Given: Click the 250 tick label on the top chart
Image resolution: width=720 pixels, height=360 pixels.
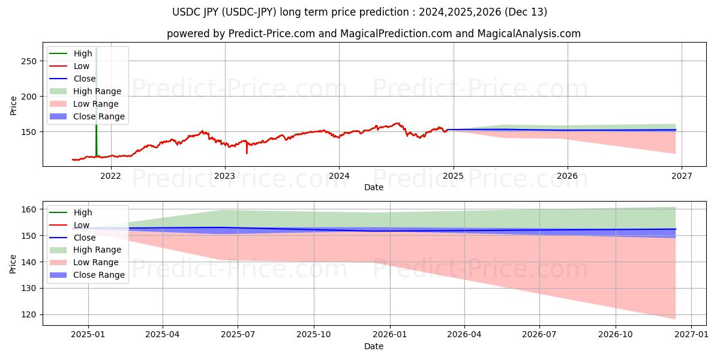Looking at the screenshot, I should (29, 61).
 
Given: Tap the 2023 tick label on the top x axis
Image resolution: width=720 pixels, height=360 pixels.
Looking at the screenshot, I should (225, 176).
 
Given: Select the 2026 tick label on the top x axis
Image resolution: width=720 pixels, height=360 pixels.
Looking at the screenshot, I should (568, 176).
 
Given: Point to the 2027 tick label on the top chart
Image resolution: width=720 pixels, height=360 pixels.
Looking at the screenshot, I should (682, 176).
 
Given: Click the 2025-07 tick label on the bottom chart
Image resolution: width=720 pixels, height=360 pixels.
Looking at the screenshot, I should (238, 335).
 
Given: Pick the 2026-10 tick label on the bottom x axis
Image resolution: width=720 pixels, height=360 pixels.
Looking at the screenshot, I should (616, 335).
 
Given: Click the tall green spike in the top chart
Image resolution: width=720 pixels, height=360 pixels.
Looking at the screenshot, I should (96, 90).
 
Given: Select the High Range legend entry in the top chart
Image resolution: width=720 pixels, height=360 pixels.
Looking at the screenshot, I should (97, 91).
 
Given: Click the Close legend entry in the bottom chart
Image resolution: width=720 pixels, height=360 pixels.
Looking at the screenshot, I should (83, 238).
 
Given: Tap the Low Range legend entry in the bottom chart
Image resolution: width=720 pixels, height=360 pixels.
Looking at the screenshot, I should (96, 262).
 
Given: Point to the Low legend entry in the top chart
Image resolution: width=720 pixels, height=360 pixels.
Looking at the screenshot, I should (82, 66).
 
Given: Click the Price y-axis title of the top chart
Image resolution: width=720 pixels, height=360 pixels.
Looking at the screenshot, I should (14, 105).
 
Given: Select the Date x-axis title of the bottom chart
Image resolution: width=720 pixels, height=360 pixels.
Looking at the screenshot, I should (373, 346).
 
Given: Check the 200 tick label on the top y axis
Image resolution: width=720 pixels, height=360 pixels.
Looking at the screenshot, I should (29, 97).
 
